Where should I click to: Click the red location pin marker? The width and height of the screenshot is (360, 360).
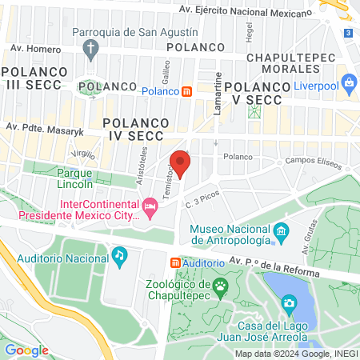click(x=180, y=164)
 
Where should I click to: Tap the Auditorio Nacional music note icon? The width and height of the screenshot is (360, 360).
click(x=119, y=255)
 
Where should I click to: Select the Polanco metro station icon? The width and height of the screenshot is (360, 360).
click(x=186, y=92)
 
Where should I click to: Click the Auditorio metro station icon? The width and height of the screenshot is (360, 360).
click(x=174, y=262)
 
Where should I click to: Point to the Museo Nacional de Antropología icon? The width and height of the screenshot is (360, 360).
click(x=281, y=233)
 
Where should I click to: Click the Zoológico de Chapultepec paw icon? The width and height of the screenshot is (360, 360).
click(x=220, y=286)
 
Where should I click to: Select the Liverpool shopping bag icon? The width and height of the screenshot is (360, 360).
click(x=349, y=82)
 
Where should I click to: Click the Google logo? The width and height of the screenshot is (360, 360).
click(x=26, y=350)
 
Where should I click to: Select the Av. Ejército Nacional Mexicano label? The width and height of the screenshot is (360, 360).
click(x=245, y=11)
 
